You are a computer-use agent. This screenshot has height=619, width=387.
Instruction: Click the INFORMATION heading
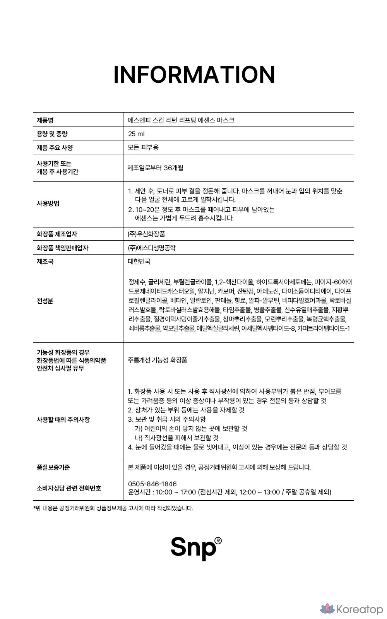(x=194, y=75)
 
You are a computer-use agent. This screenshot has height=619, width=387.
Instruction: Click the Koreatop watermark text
(x=360, y=610)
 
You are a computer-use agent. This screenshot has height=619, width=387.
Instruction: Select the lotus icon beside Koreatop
(x=327, y=609)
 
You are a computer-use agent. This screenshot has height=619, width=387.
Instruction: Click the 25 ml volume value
(x=136, y=134)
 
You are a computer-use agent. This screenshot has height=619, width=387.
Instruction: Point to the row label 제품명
(x=45, y=120)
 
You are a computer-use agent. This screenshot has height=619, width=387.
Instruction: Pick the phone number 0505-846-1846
(x=152, y=484)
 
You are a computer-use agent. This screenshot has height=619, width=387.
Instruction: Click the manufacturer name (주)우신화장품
(x=147, y=234)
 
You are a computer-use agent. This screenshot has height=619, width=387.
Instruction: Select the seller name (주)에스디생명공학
(x=152, y=248)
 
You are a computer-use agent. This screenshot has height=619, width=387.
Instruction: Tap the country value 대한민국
(x=139, y=262)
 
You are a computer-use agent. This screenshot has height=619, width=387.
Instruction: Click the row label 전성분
(x=45, y=301)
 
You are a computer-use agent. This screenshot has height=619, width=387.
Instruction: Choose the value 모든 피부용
(x=143, y=147)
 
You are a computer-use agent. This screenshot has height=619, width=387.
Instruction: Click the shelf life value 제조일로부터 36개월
(x=156, y=168)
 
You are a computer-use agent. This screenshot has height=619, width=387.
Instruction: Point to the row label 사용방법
(x=48, y=204)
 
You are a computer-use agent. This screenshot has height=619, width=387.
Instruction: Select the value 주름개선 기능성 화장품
(x=158, y=360)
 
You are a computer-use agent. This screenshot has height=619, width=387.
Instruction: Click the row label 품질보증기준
(x=53, y=467)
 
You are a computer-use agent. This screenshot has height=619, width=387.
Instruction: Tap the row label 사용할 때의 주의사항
(x=63, y=419)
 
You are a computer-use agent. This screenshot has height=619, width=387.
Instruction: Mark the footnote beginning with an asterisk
(x=113, y=508)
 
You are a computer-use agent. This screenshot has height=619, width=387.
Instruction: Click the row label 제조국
(x=45, y=262)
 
